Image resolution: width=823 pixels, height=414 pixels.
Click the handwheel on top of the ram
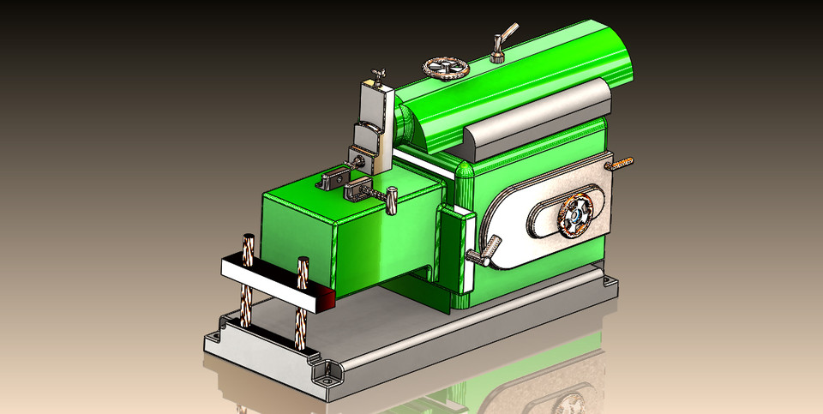[x=446, y=67]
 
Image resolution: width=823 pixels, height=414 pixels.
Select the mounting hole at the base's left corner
[x=225, y=323]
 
